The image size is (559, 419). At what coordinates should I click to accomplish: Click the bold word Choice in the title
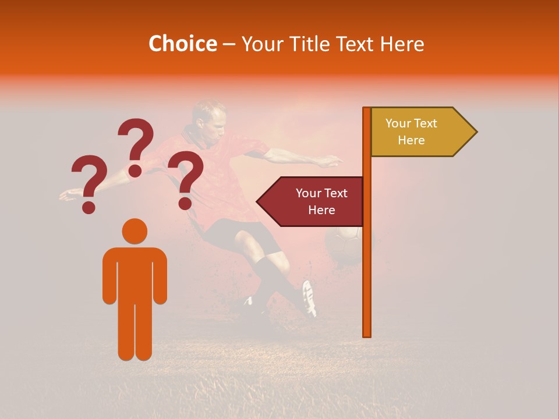point(182,44)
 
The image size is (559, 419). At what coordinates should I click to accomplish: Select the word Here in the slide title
point(402,44)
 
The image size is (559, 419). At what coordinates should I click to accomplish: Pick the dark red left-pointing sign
point(312,201)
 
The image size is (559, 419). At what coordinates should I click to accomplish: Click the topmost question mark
point(136,145)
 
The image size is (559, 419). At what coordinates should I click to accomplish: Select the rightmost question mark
point(186,179)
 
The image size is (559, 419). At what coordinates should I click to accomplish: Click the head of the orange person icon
point(135,231)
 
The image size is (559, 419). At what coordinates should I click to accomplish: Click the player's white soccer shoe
point(309,297)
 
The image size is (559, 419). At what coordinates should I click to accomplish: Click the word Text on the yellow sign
point(424,123)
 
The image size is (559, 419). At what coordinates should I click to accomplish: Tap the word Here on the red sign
point(321,210)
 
